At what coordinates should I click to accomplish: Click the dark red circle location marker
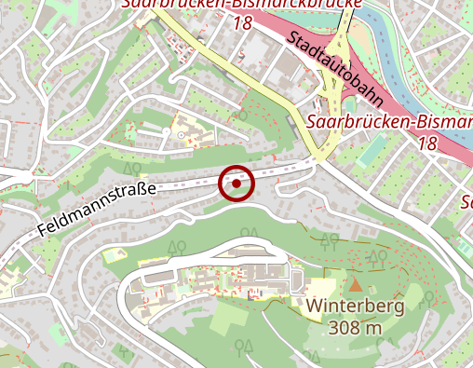click(x=236, y=184)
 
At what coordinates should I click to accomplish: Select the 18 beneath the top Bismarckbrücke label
click(x=242, y=21)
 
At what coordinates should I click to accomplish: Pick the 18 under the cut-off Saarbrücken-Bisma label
click(x=427, y=143)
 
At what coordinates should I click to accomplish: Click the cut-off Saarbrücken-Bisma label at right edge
click(x=389, y=123)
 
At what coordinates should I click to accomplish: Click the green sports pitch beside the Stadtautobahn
click(x=372, y=150)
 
